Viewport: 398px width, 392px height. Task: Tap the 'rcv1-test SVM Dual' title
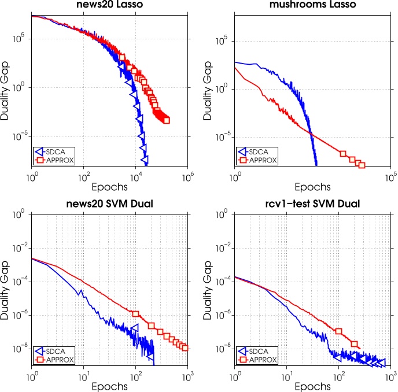(x=312, y=204)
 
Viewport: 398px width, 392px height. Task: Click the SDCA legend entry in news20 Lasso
(x=57, y=151)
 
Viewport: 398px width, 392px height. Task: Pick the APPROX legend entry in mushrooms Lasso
(x=259, y=160)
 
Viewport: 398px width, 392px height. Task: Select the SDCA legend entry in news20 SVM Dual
(x=57, y=350)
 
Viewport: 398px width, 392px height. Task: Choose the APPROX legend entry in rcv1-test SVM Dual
(x=259, y=358)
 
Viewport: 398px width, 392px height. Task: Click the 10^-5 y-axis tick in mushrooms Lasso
(x=223, y=136)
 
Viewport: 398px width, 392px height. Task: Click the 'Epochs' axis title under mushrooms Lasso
(x=312, y=187)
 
